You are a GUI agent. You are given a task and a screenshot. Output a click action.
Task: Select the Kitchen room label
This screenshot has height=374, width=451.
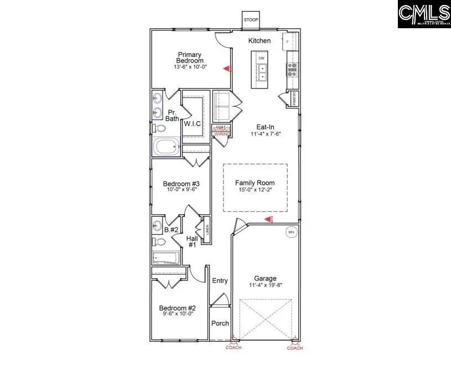click(x=259, y=41)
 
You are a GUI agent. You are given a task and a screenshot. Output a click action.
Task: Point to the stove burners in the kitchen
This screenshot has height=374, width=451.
click(x=292, y=69)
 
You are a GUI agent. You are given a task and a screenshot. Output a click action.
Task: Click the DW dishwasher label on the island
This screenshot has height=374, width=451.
click(x=262, y=58)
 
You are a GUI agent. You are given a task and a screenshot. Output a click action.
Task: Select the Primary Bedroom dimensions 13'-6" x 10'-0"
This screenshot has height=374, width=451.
click(x=190, y=67)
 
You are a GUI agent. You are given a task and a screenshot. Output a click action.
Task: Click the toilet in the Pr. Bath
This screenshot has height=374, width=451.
click(x=159, y=128)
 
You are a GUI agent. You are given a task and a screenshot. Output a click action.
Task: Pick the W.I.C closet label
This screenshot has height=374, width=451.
click(x=192, y=123)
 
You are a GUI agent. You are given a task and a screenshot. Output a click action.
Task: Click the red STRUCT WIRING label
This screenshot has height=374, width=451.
click(x=221, y=131)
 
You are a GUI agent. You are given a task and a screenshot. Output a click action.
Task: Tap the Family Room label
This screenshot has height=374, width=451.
click(x=255, y=183)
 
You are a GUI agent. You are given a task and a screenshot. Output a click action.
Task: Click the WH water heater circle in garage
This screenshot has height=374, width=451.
click(x=291, y=232)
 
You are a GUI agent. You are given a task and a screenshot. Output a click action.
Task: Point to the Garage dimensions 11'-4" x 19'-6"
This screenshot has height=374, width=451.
click(x=265, y=286)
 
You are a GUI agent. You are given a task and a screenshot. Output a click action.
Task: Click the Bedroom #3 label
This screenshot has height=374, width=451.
click(x=181, y=184)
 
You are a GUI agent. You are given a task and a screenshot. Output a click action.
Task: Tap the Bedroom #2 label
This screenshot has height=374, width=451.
click(x=178, y=308)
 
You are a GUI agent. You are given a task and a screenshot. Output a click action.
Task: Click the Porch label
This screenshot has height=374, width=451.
click(x=220, y=324)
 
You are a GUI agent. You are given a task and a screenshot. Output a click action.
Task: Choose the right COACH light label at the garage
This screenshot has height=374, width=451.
click(x=295, y=348)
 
